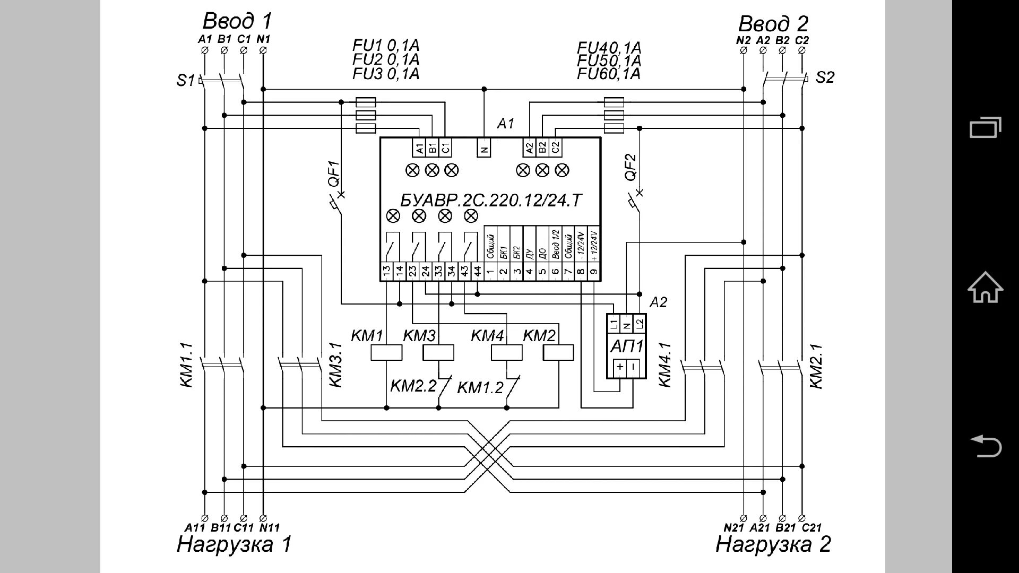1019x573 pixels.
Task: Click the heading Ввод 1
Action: point(237,21)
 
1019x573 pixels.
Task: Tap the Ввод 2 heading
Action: point(773,24)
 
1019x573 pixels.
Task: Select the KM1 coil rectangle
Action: point(386,353)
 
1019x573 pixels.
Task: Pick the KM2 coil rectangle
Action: point(558,353)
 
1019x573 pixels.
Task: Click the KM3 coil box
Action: point(438,353)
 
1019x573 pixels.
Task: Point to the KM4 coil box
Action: point(506,353)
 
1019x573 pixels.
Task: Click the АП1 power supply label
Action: point(627,346)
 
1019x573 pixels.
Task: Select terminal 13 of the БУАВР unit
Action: point(386,271)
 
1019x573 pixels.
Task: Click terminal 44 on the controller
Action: point(477,271)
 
